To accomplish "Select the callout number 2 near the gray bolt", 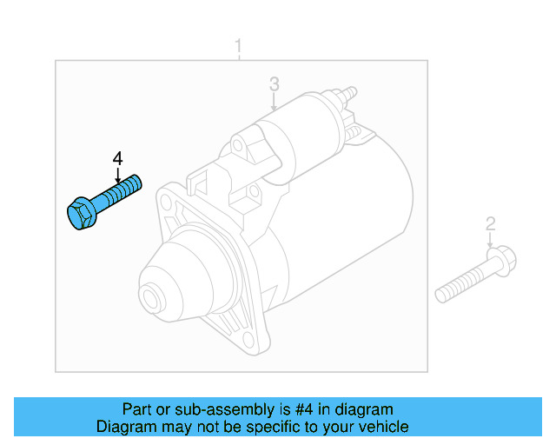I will click(x=490, y=224).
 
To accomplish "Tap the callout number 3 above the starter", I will click(x=274, y=84).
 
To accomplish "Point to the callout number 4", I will click(x=117, y=158).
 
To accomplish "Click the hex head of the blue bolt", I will click(x=80, y=215).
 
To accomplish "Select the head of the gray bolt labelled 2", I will click(x=501, y=260).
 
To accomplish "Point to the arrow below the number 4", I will click(x=117, y=174).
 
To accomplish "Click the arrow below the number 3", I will click(x=274, y=103).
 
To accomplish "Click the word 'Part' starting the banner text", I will click(x=137, y=409).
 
